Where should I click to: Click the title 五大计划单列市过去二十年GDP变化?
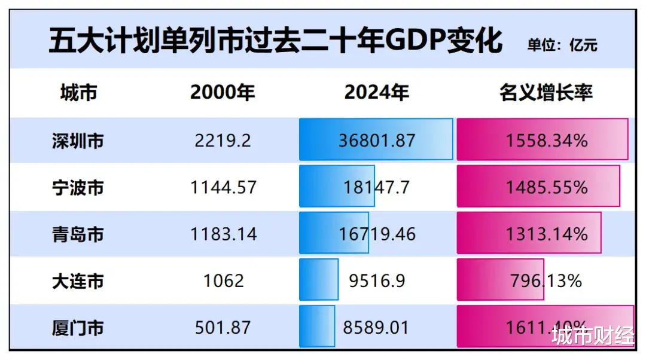[x=275, y=42]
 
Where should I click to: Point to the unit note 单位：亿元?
[x=562, y=45]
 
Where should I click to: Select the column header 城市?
[x=78, y=93]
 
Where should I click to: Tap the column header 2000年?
[x=223, y=93]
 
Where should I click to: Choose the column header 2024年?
[x=377, y=93]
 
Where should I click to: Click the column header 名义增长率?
[x=546, y=93]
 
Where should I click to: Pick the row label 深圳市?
[x=78, y=141]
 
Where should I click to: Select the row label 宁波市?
[x=78, y=187]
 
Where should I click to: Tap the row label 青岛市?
[x=78, y=234]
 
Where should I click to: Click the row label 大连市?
[x=78, y=280]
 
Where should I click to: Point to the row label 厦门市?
[x=78, y=327]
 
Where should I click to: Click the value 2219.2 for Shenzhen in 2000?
[x=223, y=141]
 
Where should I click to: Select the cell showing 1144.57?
[x=223, y=187]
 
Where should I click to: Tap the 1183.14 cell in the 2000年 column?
[x=223, y=234]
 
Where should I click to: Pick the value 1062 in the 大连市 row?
[x=223, y=280]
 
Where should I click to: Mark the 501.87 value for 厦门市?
[x=223, y=327]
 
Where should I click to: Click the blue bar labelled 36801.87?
[x=376, y=139]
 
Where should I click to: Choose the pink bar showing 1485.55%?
[x=538, y=187]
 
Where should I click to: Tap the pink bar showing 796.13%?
[x=500, y=280]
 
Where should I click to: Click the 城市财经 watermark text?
[x=593, y=336]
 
